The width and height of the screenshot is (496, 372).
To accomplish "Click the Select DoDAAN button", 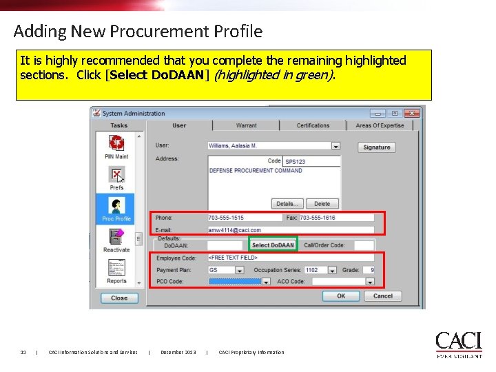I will [x=273, y=245].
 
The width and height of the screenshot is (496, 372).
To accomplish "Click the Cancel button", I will [x=382, y=296].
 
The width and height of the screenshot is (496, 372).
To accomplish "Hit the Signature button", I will [x=376, y=147].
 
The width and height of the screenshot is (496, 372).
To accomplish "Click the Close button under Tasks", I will [x=119, y=298].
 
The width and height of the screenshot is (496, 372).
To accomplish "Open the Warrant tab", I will [x=246, y=125].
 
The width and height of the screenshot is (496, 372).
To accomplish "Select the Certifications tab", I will [x=313, y=125].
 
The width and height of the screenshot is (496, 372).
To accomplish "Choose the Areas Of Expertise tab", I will [x=380, y=125].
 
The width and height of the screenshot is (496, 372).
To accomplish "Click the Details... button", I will [x=287, y=204].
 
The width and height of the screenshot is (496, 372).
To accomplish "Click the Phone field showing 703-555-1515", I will [x=245, y=218].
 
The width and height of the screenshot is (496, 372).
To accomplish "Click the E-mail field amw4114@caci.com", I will [x=290, y=230].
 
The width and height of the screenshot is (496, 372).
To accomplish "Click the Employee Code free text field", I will [x=290, y=258].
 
